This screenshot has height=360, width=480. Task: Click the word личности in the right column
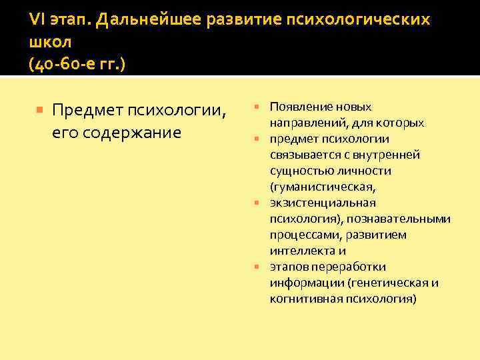pyautogui.click(x=369, y=171)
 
